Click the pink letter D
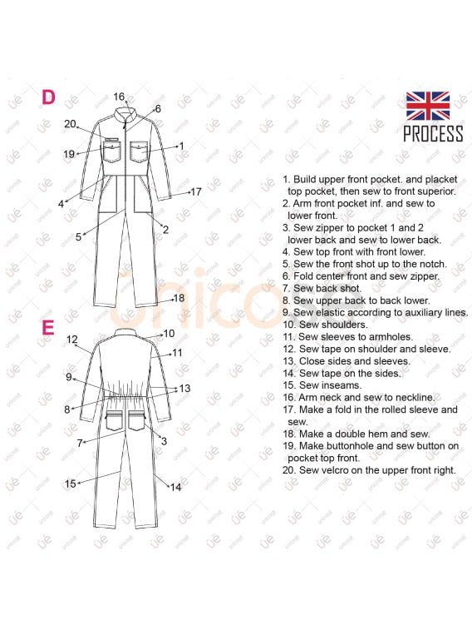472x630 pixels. point(48,97)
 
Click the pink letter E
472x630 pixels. point(47,327)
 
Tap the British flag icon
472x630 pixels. point(427,106)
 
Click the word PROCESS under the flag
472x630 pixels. point(433,133)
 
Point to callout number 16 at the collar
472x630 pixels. point(119,97)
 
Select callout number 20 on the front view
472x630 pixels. point(70,124)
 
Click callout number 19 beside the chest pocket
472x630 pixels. point(69,154)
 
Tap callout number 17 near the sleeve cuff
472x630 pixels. point(196,192)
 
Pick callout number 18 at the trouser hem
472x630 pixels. point(179,298)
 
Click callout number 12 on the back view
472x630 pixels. point(71,340)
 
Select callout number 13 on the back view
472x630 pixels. point(184,389)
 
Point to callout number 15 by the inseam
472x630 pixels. point(70,484)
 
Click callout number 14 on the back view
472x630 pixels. point(175,488)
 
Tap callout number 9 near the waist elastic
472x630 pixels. point(69,377)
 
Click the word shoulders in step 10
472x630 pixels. point(345,325)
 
